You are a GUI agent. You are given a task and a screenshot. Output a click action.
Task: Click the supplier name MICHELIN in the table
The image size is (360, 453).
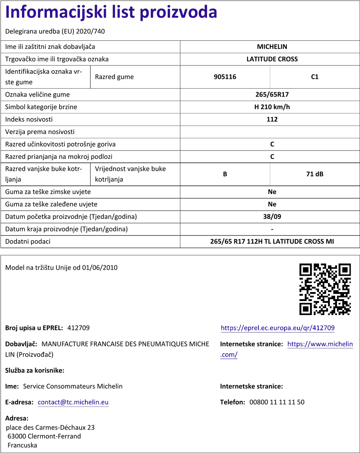pyautogui.click(x=272, y=47)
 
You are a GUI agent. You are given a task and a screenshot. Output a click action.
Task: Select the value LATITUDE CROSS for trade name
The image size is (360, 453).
pyautogui.click(x=272, y=59)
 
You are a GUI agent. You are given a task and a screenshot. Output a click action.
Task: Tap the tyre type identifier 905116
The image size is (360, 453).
pyautogui.click(x=225, y=77)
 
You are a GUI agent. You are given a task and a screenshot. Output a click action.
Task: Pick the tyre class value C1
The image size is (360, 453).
pyautogui.click(x=315, y=77)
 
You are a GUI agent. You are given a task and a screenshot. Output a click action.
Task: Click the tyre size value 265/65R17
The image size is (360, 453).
pyautogui.click(x=272, y=95)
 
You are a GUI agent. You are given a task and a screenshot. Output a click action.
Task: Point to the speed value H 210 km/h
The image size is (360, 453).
pyautogui.click(x=272, y=107)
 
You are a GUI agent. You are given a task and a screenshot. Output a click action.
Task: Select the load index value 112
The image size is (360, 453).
pyautogui.click(x=272, y=120)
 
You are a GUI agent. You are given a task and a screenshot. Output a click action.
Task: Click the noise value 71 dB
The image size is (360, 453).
pyautogui.click(x=315, y=174)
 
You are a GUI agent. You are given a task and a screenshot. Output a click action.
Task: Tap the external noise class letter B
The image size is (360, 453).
pyautogui.click(x=225, y=174)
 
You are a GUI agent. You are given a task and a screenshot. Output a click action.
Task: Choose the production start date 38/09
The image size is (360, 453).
pyautogui.click(x=272, y=217)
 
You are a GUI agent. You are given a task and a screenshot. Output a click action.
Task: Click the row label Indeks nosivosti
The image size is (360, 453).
pyautogui.click(x=29, y=120)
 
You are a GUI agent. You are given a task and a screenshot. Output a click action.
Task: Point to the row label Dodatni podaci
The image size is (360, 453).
pyautogui.click(x=28, y=242)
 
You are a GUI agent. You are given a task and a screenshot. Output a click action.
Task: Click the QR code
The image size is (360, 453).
pyautogui.click(x=325, y=289)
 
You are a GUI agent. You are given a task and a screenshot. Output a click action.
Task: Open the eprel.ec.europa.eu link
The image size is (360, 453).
pyautogui.click(x=278, y=328)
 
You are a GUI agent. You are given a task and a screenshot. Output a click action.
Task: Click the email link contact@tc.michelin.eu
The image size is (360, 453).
pyautogui.click(x=73, y=402)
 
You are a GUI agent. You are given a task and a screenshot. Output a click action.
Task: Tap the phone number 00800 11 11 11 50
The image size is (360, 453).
pyautogui.click(x=277, y=402)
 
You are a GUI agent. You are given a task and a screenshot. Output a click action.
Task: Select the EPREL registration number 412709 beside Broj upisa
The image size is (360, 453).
pyautogui.click(x=78, y=328)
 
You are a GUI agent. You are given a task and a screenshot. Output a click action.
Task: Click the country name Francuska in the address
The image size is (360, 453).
pyautogui.click(x=22, y=445)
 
